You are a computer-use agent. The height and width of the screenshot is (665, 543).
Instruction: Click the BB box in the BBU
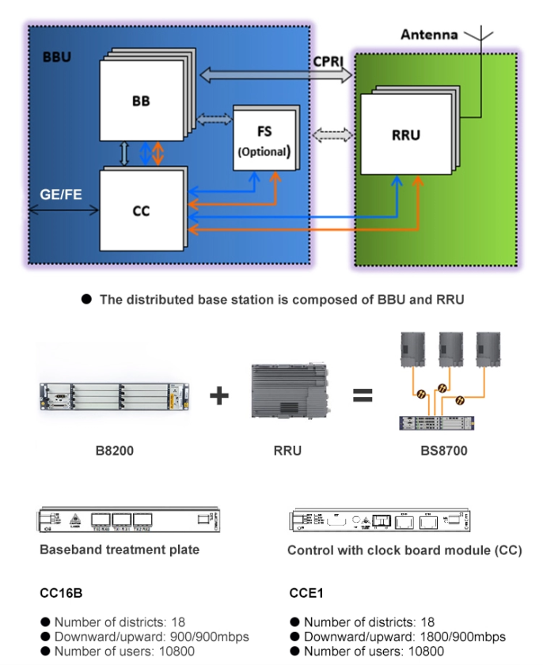(x=140, y=101)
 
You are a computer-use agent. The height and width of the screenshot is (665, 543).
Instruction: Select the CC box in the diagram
(x=141, y=210)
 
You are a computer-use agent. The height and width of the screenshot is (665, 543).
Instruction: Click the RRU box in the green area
(x=404, y=134)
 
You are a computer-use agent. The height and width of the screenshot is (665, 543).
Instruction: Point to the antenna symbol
(x=475, y=36)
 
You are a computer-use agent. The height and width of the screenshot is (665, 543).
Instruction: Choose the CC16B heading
(x=62, y=592)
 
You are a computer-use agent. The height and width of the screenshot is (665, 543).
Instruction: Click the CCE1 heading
(x=306, y=592)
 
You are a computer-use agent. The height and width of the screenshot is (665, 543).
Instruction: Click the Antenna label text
(x=429, y=35)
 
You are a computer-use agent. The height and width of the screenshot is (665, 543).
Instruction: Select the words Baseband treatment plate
(x=120, y=550)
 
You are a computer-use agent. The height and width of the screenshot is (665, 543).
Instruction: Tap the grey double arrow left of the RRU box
(x=331, y=134)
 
